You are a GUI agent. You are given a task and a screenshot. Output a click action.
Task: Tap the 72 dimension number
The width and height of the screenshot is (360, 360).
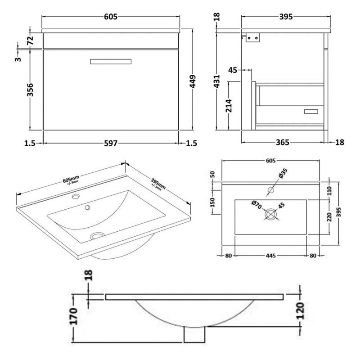tap(31, 40)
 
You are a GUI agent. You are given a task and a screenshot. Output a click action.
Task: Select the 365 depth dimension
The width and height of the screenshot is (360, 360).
tap(282, 143)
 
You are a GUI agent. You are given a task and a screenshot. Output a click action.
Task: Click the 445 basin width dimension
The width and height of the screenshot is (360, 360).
tap(270, 256)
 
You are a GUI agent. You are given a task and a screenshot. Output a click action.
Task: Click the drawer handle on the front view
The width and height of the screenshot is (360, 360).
tap(111, 62)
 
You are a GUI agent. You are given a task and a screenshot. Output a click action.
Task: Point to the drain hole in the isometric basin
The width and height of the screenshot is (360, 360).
tap(96, 235)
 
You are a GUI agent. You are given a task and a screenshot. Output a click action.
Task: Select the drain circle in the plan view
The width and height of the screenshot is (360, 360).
tap(270, 214)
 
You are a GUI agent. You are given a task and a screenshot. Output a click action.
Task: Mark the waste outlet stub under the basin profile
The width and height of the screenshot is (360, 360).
tap(194, 335)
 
